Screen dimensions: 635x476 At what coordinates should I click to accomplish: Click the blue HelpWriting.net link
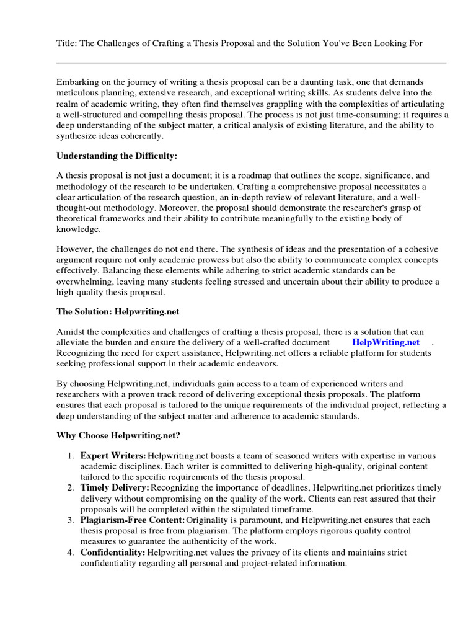pos(386,342)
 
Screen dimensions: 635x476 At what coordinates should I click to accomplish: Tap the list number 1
pos(71,456)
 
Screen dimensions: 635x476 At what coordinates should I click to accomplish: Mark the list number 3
pos(71,520)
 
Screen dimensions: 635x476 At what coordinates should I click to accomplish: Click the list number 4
pos(71,552)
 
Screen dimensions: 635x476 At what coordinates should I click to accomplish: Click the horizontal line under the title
pos(251,63)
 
